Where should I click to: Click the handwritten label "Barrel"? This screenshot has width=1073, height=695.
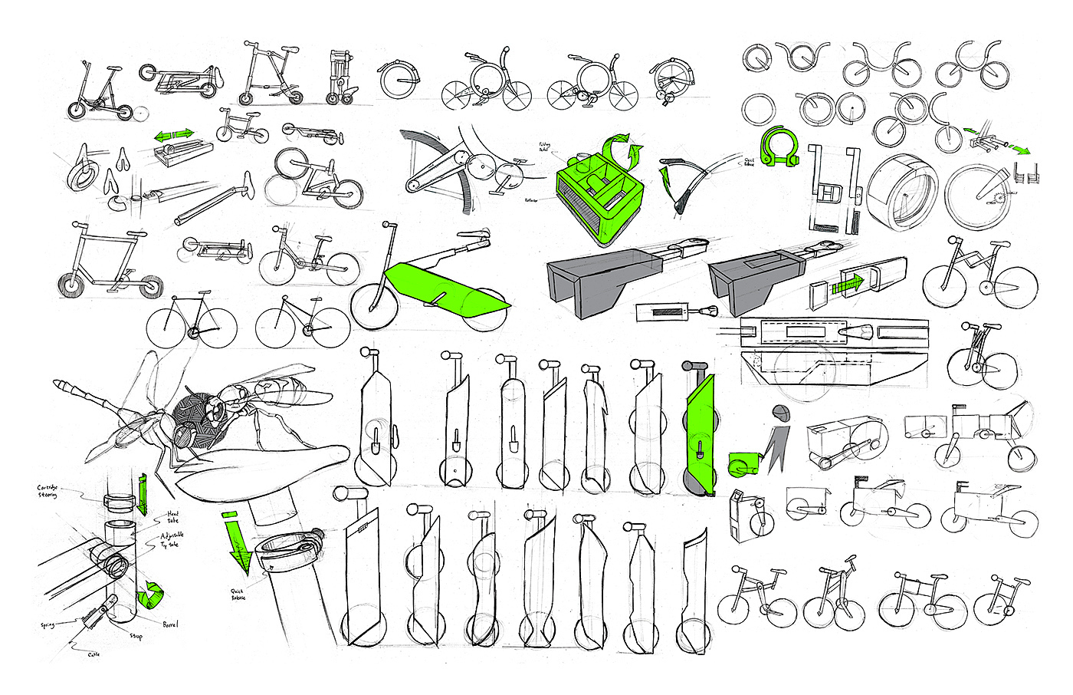169,624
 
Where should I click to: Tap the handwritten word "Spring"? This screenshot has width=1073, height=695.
48,626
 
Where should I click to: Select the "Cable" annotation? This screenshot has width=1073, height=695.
93,654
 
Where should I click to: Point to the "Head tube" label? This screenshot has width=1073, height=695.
173,517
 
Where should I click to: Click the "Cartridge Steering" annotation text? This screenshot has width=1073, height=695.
48,491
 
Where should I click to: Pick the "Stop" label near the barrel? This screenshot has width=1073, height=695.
136,636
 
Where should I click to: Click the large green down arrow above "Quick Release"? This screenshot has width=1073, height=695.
238,542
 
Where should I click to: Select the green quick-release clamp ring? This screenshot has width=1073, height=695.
776,147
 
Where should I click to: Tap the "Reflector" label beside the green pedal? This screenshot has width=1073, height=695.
530,200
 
